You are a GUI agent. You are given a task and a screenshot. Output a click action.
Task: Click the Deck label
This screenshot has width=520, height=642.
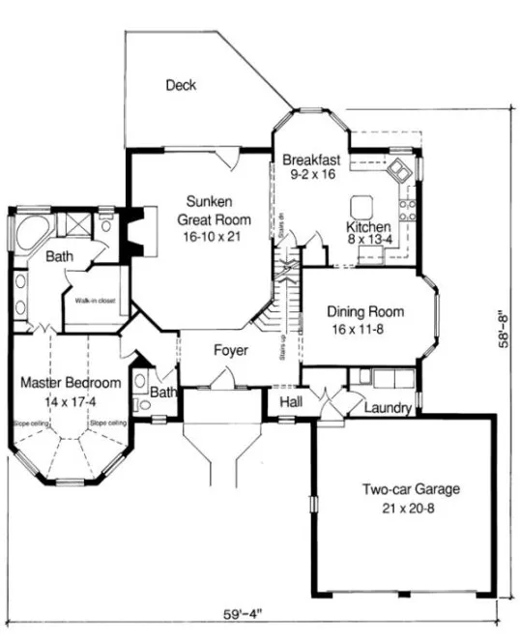(181, 85)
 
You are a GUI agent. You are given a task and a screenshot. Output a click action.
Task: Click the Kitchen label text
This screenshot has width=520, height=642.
(368, 227)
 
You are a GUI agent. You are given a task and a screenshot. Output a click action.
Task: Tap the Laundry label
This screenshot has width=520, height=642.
(389, 409)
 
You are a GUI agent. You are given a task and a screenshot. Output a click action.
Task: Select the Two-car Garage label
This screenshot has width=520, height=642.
(411, 489)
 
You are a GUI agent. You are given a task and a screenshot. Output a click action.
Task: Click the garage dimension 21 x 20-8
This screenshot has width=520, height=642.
(410, 508)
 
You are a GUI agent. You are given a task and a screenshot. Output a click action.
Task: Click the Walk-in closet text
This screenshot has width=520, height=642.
(93, 301)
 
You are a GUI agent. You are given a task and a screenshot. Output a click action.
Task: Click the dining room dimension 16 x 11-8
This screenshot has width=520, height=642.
(364, 329)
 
